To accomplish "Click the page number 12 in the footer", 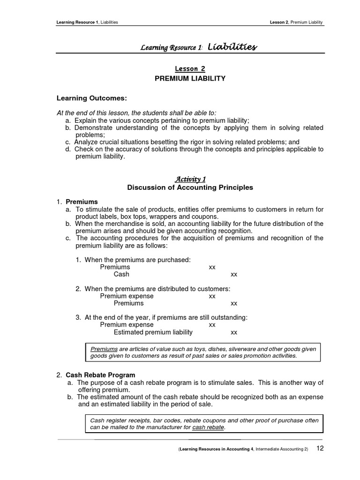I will (320, 448).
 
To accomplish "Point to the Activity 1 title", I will (190, 179).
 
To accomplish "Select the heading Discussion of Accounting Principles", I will (190, 187).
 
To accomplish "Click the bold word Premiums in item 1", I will (82, 202).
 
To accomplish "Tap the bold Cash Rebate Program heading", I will (100, 375).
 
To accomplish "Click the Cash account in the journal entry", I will (121, 274).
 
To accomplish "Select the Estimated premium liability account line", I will (153, 332).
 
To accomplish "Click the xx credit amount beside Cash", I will (234, 274).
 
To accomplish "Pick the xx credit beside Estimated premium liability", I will (234, 332).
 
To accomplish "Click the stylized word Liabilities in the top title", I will (232, 47).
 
